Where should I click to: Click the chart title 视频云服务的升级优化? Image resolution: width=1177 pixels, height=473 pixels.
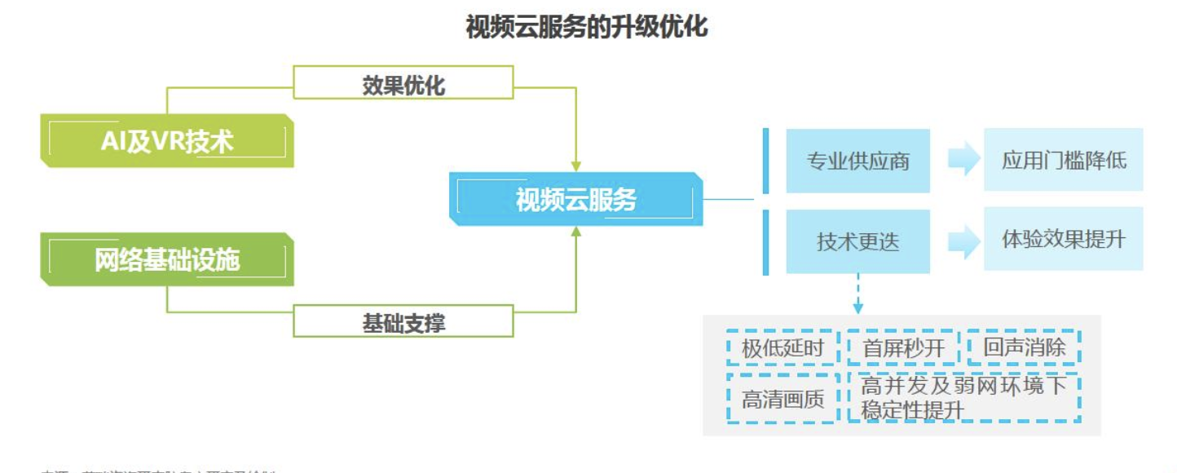pyautogui.click(x=587, y=27)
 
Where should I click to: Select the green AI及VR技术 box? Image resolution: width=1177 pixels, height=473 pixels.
pyautogui.click(x=167, y=141)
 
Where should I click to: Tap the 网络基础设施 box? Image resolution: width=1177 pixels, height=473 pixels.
pyautogui.click(x=167, y=259)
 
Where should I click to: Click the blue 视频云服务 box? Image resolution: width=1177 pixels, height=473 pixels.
pyautogui.click(x=576, y=199)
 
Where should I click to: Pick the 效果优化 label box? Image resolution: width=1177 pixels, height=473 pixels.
pyautogui.click(x=403, y=83)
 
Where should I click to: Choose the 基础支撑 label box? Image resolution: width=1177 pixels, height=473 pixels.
pyautogui.click(x=403, y=321)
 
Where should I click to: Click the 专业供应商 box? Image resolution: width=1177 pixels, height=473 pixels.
pyautogui.click(x=857, y=161)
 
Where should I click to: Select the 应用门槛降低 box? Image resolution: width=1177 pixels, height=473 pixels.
pyautogui.click(x=1064, y=160)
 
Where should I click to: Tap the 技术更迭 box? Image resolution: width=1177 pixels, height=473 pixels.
pyautogui.click(x=857, y=241)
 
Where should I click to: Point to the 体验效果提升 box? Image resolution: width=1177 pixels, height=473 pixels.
pyautogui.click(x=1064, y=239)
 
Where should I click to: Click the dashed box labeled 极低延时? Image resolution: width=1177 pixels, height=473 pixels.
pyautogui.click(x=782, y=348)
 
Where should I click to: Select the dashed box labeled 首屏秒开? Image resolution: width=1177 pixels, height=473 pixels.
pyautogui.click(x=902, y=348)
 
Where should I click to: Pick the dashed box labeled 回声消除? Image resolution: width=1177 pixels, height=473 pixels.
pyautogui.click(x=1024, y=347)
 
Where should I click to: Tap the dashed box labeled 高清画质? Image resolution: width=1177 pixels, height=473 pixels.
pyautogui.click(x=782, y=399)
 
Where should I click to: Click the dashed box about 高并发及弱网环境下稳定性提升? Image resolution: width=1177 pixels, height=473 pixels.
pyautogui.click(x=963, y=398)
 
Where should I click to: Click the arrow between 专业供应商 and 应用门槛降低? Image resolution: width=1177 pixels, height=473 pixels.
pyautogui.click(x=963, y=160)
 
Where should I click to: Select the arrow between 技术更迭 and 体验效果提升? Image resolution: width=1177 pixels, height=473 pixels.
pyautogui.click(x=963, y=241)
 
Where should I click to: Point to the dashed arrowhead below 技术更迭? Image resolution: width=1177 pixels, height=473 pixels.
pyautogui.click(x=857, y=308)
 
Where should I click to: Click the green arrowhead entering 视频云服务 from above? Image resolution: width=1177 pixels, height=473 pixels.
pyautogui.click(x=576, y=166)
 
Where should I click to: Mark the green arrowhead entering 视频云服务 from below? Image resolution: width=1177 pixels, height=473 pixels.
pyautogui.click(x=576, y=232)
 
